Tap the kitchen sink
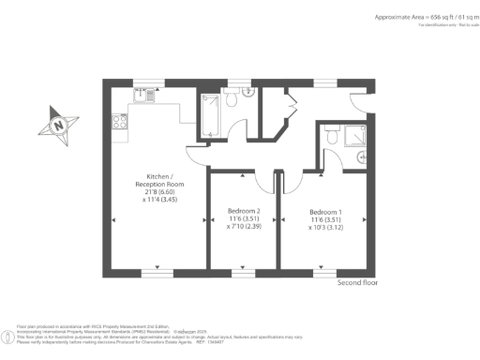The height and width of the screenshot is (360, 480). click(x=142, y=95)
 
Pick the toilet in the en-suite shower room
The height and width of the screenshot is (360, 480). click(x=332, y=137)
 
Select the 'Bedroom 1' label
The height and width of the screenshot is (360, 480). click(x=326, y=212)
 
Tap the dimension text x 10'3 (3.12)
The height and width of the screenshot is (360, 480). click(x=326, y=227)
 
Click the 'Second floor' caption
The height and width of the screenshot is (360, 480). click(x=357, y=282)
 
